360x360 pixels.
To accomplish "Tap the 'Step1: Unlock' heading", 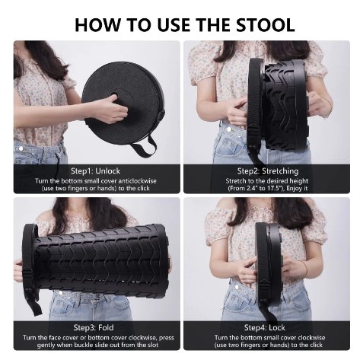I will click(95, 170).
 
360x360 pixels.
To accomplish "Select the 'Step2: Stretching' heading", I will click(267, 170).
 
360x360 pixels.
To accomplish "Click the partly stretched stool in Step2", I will click(285, 99).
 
